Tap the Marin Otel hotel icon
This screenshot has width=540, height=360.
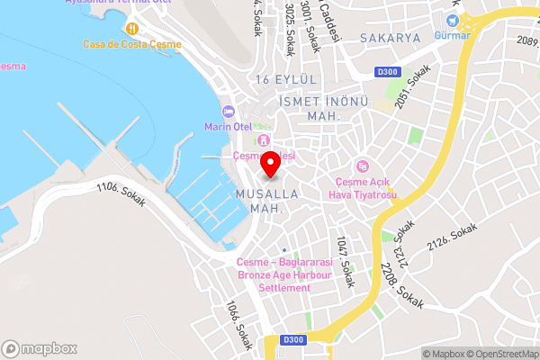[x=229, y=111]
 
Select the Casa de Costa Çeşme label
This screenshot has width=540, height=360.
[x=132, y=44]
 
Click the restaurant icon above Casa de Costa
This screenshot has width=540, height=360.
[x=132, y=27]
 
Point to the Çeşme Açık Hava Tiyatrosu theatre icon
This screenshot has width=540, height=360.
[x=363, y=166]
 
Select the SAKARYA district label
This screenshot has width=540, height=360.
[x=390, y=38]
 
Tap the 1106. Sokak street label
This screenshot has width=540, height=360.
[x=121, y=195]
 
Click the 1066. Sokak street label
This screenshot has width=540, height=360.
[x=239, y=325]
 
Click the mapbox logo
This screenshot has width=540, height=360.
[x=40, y=348]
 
